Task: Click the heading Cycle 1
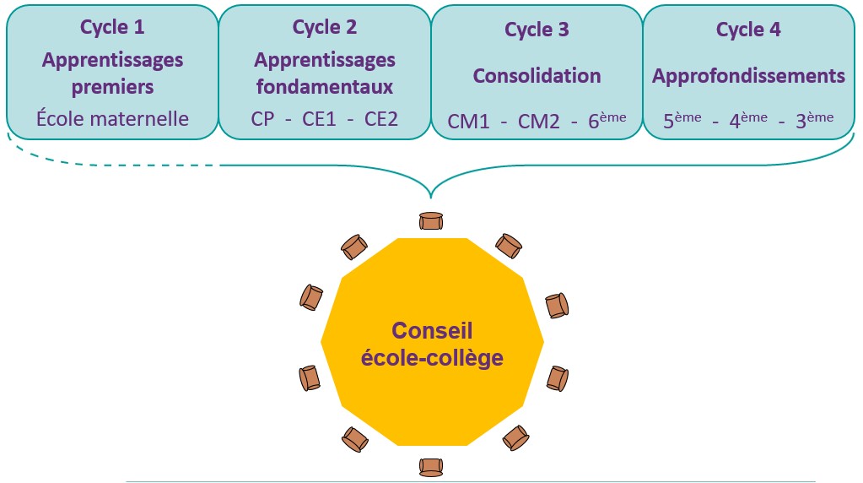(x=112, y=27)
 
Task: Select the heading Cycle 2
(x=325, y=27)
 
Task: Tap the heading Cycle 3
(x=537, y=30)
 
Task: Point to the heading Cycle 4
(x=748, y=30)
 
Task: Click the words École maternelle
(x=112, y=118)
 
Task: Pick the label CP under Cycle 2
(x=262, y=119)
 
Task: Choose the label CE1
(x=321, y=119)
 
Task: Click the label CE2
(x=380, y=119)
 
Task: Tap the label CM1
(x=469, y=122)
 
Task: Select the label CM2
(x=538, y=122)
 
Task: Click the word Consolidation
(x=537, y=75)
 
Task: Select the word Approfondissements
(x=748, y=75)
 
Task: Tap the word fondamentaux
(x=325, y=87)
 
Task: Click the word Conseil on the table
(x=433, y=330)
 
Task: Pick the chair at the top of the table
(x=431, y=221)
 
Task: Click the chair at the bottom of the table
(x=432, y=466)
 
